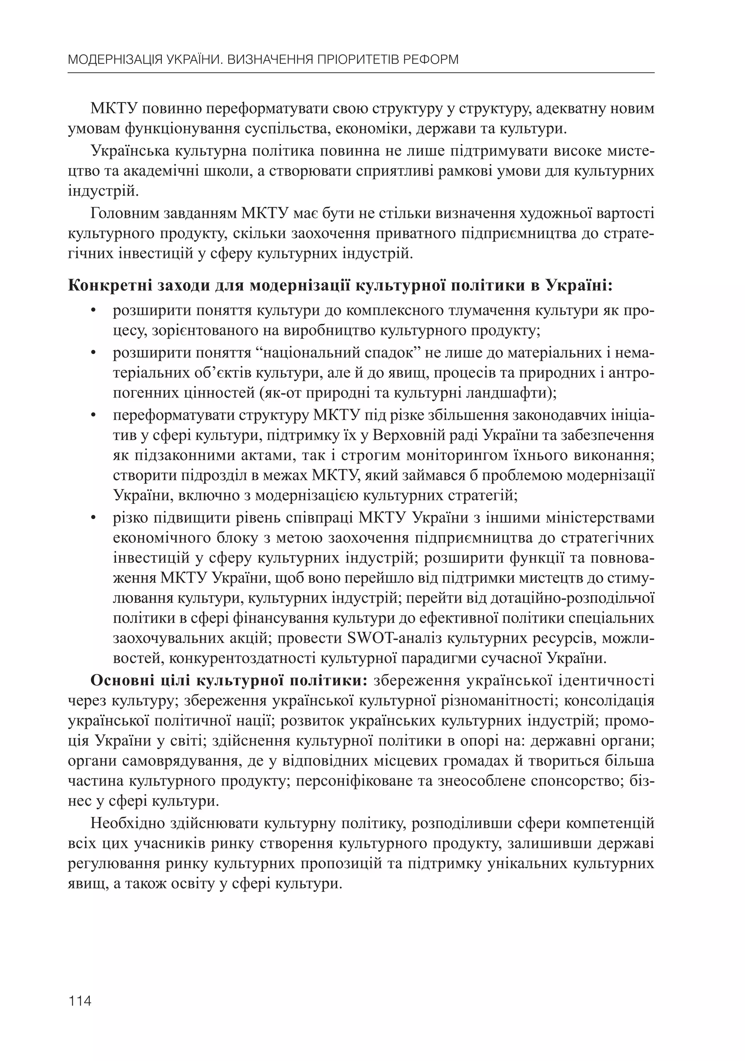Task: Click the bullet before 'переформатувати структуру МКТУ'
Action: [x=93, y=415]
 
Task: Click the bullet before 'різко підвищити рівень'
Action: [x=93, y=518]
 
